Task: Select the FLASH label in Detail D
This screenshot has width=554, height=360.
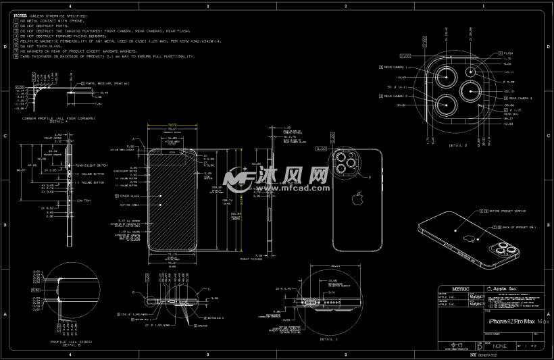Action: [x=508, y=52]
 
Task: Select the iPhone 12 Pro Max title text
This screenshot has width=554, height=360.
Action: [x=511, y=322]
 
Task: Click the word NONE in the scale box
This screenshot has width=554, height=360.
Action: [x=499, y=345]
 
